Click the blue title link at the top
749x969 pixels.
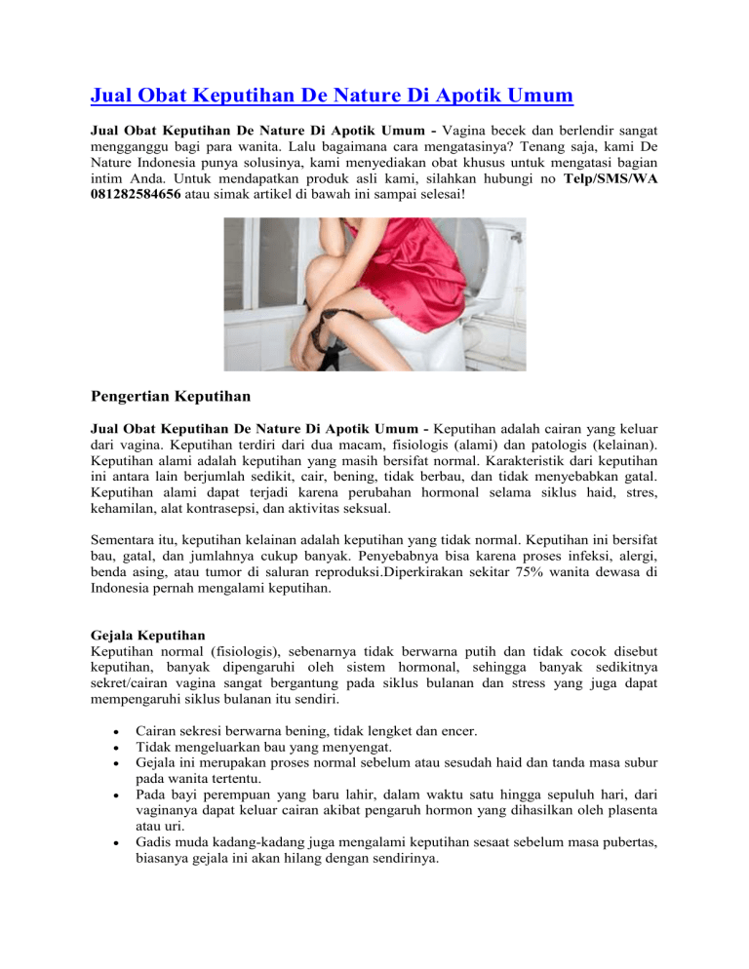click(x=331, y=96)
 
